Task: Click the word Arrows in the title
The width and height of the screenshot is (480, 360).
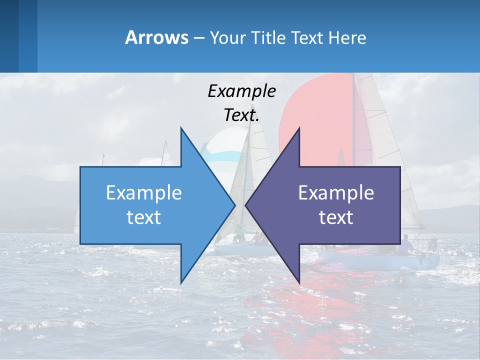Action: click(x=156, y=38)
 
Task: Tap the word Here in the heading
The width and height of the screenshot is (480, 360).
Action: click(x=347, y=38)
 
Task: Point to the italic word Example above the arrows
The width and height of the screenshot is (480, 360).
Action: click(x=241, y=91)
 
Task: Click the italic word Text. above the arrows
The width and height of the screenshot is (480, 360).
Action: click(x=241, y=115)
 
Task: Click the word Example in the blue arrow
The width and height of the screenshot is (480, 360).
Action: click(x=144, y=192)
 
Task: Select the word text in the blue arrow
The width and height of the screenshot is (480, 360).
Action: click(x=144, y=217)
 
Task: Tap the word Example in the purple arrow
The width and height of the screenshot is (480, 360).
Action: click(x=336, y=192)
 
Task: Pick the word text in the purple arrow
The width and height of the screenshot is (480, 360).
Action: click(x=336, y=217)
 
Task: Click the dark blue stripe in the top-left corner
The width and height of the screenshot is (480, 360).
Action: click(x=9, y=36)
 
